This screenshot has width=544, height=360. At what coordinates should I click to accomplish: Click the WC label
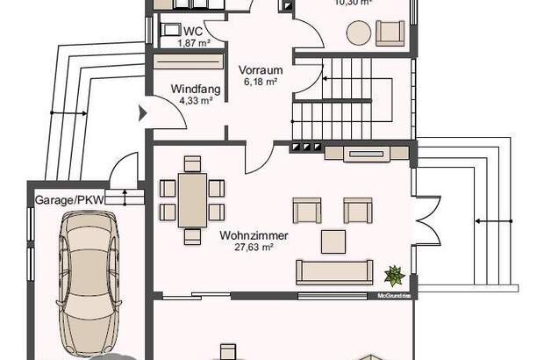[x=192, y=32]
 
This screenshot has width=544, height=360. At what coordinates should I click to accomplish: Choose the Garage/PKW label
[x=68, y=199]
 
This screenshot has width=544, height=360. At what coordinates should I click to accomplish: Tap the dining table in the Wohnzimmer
[x=192, y=199]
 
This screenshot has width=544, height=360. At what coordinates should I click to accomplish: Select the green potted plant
[x=394, y=276]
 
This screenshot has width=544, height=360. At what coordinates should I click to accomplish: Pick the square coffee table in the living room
[x=333, y=240]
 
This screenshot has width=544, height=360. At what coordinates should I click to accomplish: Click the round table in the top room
[x=358, y=33]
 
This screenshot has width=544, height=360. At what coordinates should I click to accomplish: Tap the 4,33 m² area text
[x=195, y=100]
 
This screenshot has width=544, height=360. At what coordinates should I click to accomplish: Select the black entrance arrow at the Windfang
[x=142, y=112]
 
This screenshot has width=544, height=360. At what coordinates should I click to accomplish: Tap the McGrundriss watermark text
[x=393, y=296]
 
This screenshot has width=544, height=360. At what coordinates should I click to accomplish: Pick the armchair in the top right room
[x=390, y=33]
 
